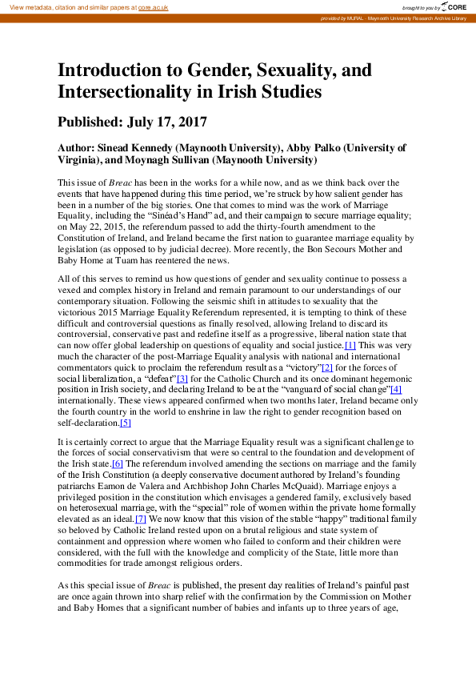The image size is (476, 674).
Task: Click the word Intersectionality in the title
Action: [118, 92]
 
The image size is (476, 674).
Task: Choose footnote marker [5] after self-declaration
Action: [125, 423]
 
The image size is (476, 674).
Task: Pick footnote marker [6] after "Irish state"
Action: [118, 463]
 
